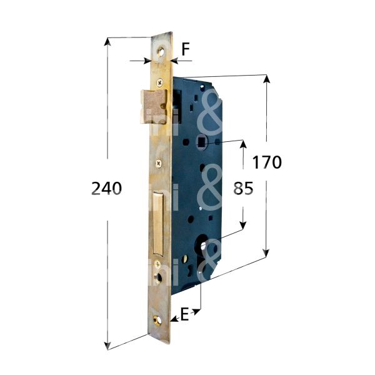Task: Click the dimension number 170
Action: pyautogui.click(x=267, y=162)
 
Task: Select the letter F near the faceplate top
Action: pyautogui.click(x=186, y=49)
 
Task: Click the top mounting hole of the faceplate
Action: pyautogui.click(x=163, y=52)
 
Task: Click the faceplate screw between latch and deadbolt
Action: pyautogui.click(x=159, y=164)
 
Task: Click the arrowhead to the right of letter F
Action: pyautogui.click(x=175, y=61)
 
